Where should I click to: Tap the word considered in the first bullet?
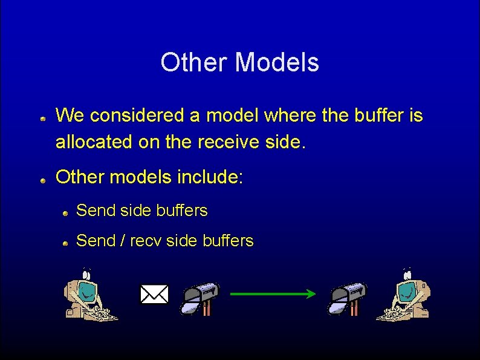pyautogui.click(x=139, y=115)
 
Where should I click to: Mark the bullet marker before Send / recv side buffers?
pyautogui.click(x=66, y=243)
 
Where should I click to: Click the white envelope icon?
pyautogui.click(x=154, y=295)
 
